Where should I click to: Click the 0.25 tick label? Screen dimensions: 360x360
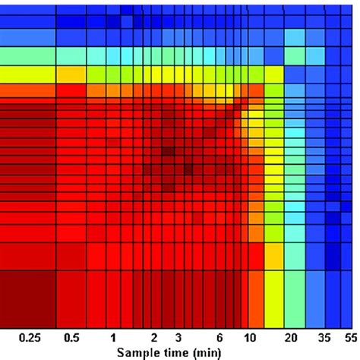pos(28,337)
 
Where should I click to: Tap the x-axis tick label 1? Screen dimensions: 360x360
pos(113,337)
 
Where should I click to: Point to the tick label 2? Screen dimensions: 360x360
pos(155,337)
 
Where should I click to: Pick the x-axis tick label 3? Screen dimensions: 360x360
pos(178,337)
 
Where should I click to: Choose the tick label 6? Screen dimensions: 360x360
pos(219,337)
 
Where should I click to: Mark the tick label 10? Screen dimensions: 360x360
pos(251,337)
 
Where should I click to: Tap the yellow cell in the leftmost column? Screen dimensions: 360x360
pos(28,74)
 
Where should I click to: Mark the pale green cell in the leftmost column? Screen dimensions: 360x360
pos(28,56)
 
